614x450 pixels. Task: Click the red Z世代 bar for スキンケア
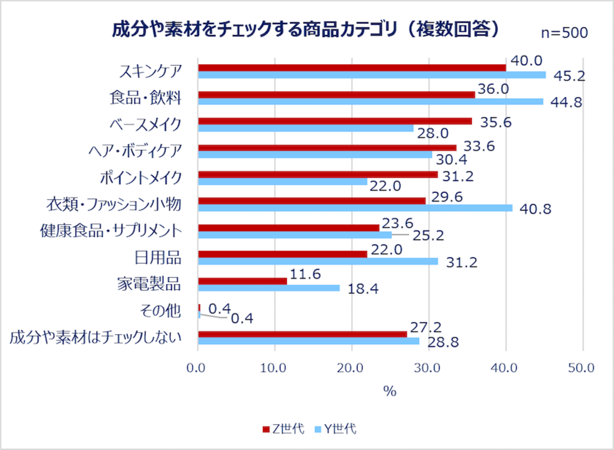[352, 68]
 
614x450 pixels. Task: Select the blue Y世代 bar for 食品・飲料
[371, 101]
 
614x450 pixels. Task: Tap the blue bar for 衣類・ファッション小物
[355, 208]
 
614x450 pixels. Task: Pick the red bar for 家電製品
[243, 281]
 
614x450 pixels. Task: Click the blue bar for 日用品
[318, 261]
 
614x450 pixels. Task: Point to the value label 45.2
[569, 76]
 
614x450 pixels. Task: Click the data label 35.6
[495, 122]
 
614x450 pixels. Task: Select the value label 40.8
[535, 209]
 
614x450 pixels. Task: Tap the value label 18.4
[363, 289]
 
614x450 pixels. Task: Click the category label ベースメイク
[145, 124]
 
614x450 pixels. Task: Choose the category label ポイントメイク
[141, 178]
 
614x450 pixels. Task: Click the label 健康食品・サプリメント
[111, 231]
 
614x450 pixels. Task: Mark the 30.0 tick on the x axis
[427, 368]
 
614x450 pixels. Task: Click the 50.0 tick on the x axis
[581, 368]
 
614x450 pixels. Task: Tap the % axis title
[390, 391]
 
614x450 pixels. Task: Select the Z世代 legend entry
[284, 429]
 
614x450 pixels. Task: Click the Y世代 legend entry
[335, 429]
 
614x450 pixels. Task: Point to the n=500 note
[564, 33]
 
